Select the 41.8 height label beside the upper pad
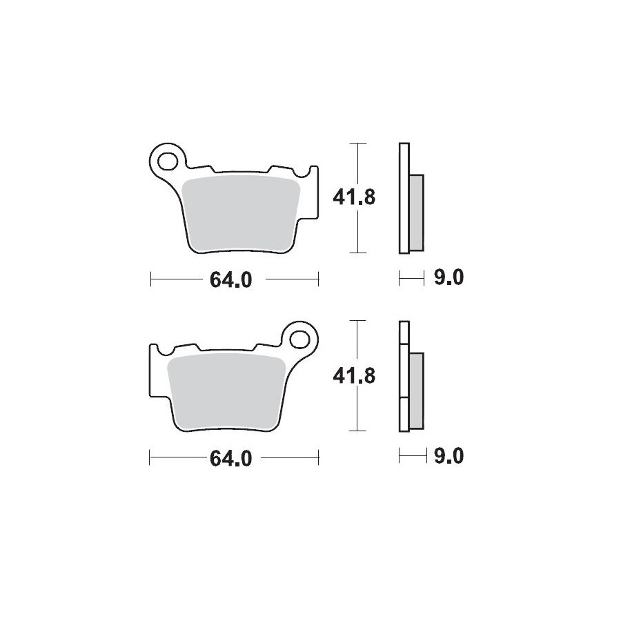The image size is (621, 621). click(x=354, y=197)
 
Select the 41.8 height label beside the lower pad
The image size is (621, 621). click(x=354, y=375)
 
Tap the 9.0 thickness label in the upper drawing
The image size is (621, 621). click(x=448, y=277)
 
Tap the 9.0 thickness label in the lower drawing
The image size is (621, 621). click(x=448, y=456)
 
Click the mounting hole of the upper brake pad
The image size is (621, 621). click(x=167, y=161)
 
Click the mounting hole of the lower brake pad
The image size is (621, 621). click(x=299, y=339)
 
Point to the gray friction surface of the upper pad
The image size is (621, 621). click(x=242, y=215)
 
